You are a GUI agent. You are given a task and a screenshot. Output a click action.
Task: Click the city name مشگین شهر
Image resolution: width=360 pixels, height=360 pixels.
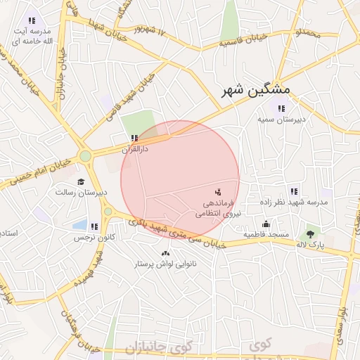click(x=255, y=91)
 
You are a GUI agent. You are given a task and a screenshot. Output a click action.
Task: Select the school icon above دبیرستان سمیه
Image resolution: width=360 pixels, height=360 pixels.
click(x=282, y=108)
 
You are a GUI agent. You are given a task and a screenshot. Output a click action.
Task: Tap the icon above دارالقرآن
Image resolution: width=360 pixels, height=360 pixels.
click(x=134, y=139)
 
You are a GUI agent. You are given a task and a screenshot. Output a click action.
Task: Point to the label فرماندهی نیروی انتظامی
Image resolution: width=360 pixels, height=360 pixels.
click(x=217, y=207)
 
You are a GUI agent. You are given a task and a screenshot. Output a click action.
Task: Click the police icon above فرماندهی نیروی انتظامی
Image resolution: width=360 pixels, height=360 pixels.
click(x=217, y=191)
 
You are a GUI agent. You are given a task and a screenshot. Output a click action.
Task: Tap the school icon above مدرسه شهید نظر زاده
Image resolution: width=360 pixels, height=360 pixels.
click(x=293, y=191)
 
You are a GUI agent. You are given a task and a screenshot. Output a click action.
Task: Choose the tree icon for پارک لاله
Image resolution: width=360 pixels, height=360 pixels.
click(x=310, y=233)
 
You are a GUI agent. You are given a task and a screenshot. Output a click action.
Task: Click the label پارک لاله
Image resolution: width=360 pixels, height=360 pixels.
click(x=310, y=244)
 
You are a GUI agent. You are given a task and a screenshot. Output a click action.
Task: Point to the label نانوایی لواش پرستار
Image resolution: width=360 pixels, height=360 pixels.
click(x=166, y=264)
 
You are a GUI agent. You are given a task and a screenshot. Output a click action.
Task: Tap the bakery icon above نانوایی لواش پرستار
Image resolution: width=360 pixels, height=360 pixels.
click(x=166, y=253)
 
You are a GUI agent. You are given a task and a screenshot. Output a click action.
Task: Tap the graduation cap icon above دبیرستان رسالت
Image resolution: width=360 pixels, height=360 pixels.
click(x=81, y=181)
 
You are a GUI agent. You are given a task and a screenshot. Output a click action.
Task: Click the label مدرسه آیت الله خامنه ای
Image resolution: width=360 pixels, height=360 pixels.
click(x=32, y=37)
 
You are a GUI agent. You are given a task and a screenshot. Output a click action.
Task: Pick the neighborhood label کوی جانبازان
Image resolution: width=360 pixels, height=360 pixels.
click(x=159, y=348)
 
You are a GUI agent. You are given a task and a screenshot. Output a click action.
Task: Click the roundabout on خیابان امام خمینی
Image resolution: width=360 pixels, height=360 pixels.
click(x=85, y=156)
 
